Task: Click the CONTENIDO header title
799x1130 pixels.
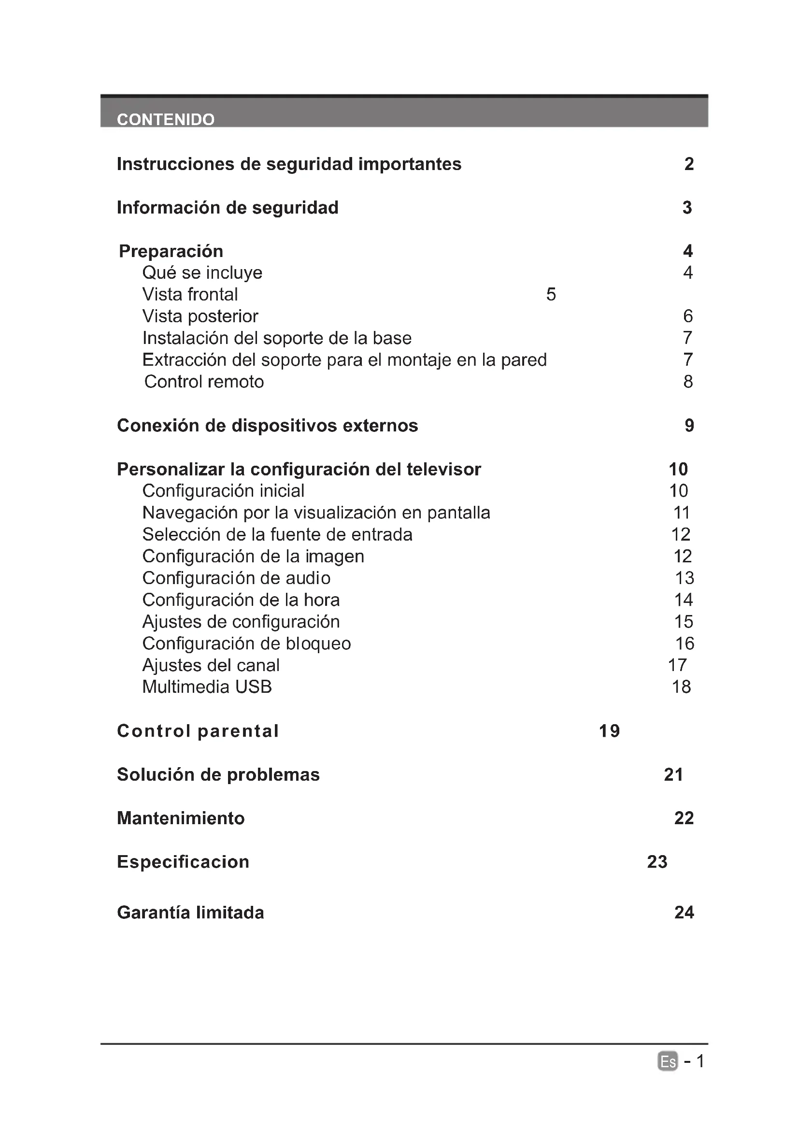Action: pyautogui.click(x=165, y=120)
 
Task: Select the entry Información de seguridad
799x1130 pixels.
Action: pyautogui.click(x=228, y=208)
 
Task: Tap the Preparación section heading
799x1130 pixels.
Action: pyautogui.click(x=171, y=252)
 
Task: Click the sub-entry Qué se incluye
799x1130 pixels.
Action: pyautogui.click(x=202, y=272)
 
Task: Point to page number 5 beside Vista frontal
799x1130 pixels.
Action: pyautogui.click(x=551, y=294)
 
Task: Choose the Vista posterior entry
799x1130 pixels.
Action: pyautogui.click(x=200, y=316)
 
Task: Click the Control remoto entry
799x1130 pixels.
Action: pyautogui.click(x=204, y=382)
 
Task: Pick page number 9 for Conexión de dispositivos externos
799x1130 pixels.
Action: pyautogui.click(x=689, y=425)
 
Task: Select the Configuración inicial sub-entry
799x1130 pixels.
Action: pyautogui.click(x=223, y=491)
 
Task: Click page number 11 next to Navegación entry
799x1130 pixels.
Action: pyautogui.click(x=682, y=512)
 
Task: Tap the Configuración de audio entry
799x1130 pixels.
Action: pyautogui.click(x=236, y=578)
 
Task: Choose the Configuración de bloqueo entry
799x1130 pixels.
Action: pyautogui.click(x=246, y=643)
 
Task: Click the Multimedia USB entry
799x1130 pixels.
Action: pyautogui.click(x=207, y=687)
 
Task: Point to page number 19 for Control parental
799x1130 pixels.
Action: pyautogui.click(x=609, y=731)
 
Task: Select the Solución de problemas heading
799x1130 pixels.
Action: pyautogui.click(x=218, y=774)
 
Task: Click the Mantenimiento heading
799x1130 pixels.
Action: pyautogui.click(x=181, y=818)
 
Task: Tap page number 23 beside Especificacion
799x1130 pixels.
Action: pyautogui.click(x=657, y=862)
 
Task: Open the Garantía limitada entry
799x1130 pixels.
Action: pyautogui.click(x=190, y=913)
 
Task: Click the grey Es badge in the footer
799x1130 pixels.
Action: pyautogui.click(x=667, y=1061)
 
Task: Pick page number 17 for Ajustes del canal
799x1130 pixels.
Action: pyautogui.click(x=677, y=665)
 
